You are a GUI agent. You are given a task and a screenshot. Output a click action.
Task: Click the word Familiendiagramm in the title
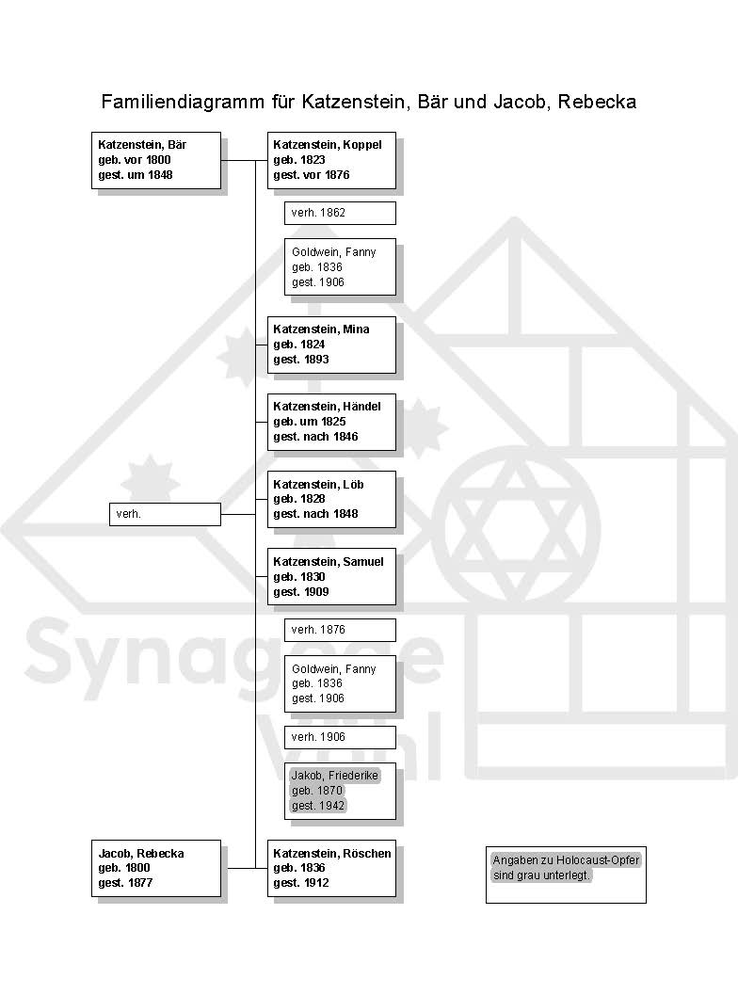183,103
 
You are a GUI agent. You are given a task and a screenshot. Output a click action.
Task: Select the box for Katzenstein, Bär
156,161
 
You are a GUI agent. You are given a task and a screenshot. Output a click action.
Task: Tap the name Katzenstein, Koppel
328,145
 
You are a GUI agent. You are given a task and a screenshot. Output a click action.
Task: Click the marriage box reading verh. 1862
340,213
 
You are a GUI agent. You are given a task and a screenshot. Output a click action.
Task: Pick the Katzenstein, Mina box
331,345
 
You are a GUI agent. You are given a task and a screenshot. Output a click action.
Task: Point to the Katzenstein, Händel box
331,422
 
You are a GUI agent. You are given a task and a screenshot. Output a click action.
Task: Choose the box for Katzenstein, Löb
331,500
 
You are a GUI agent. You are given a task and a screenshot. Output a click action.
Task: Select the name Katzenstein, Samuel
329,562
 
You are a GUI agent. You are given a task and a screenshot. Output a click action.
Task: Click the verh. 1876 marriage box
340,630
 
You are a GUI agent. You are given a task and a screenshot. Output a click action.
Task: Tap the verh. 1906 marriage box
340,737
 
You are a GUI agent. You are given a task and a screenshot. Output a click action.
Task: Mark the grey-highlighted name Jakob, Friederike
334,776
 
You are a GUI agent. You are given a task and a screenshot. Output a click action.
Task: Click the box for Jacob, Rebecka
156,869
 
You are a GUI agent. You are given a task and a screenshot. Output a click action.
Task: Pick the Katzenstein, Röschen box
331,869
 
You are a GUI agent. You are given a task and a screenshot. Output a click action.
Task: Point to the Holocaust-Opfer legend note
566,875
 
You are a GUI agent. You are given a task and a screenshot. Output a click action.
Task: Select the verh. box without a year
165,515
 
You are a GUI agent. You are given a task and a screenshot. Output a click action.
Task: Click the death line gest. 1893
301,360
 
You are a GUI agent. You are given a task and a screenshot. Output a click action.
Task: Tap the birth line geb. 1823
299,160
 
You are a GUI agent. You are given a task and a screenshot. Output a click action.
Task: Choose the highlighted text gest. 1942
318,806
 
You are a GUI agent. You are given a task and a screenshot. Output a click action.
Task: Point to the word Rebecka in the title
597,103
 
